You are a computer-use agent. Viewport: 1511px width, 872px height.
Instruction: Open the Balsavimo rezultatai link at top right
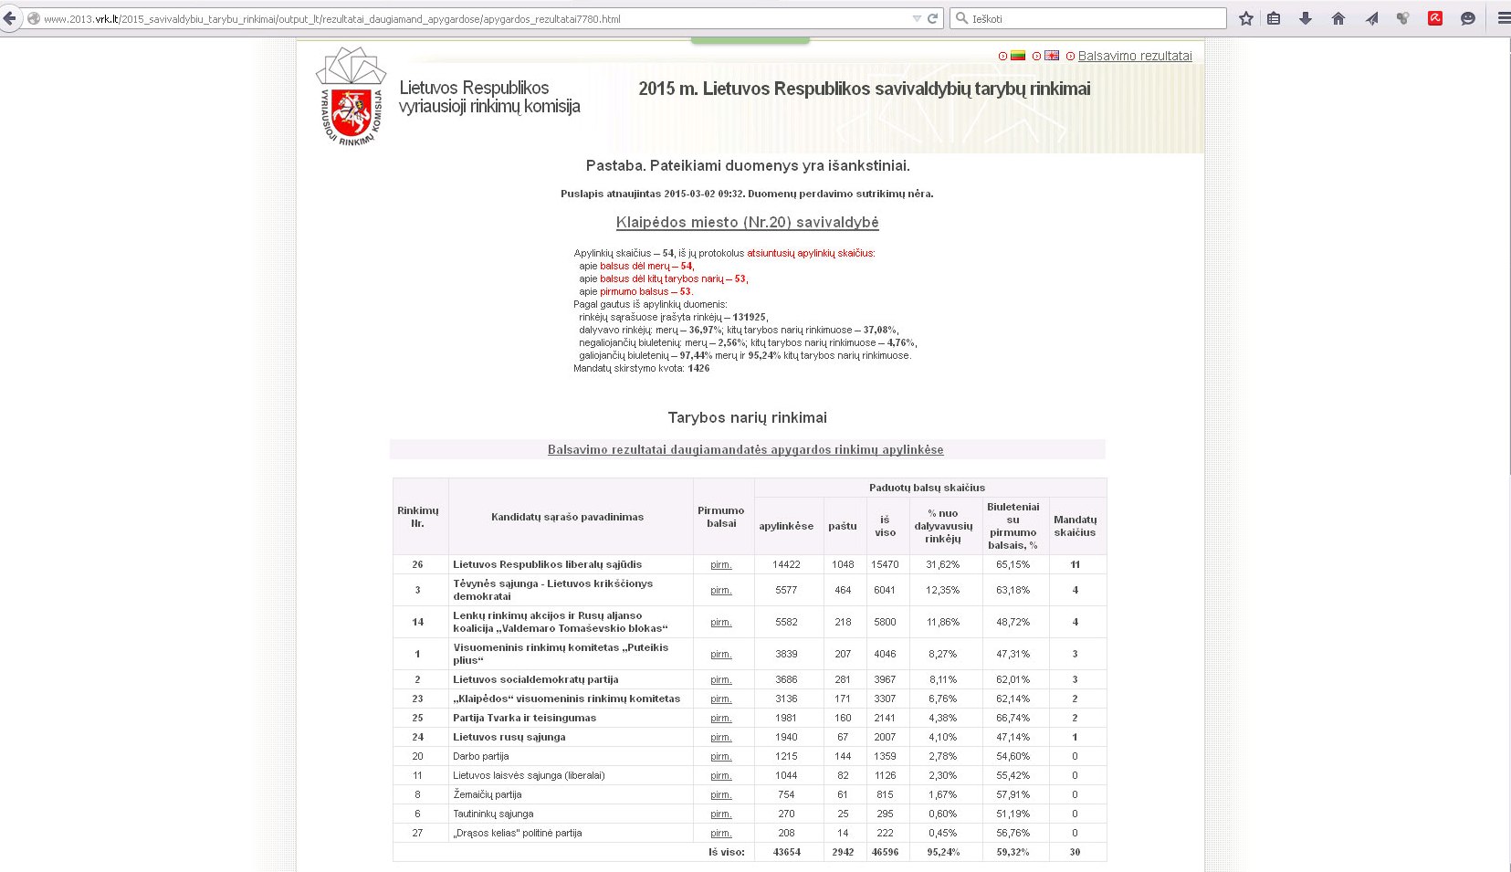point(1134,56)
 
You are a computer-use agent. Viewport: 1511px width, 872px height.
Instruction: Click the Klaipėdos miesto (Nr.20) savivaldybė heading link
point(747,222)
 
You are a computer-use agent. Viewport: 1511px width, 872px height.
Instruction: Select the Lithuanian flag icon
point(1018,56)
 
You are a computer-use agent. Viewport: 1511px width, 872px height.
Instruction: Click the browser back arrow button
point(10,18)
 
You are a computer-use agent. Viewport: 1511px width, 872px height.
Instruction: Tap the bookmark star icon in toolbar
point(1245,18)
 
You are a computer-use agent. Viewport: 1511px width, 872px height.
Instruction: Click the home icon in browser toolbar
point(1338,18)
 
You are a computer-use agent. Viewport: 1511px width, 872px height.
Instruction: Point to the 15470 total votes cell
point(884,564)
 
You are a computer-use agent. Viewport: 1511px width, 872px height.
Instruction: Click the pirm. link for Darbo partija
point(721,756)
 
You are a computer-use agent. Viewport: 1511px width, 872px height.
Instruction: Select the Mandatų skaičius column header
point(1075,526)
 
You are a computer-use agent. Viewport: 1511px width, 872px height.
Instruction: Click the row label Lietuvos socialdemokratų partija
point(535,679)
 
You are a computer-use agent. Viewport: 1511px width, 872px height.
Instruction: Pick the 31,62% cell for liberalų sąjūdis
point(943,564)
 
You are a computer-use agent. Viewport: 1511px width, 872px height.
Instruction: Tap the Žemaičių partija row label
point(488,794)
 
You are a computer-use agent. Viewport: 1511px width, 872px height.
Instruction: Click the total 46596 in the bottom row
point(884,852)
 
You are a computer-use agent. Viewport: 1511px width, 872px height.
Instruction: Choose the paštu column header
point(842,526)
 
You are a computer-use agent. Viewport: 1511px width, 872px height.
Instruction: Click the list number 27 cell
point(417,833)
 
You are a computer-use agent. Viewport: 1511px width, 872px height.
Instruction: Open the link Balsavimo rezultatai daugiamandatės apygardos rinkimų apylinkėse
point(745,449)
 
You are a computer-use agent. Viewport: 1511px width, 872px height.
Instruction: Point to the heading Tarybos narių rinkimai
point(747,417)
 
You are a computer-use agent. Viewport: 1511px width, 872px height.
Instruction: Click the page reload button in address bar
point(933,18)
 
